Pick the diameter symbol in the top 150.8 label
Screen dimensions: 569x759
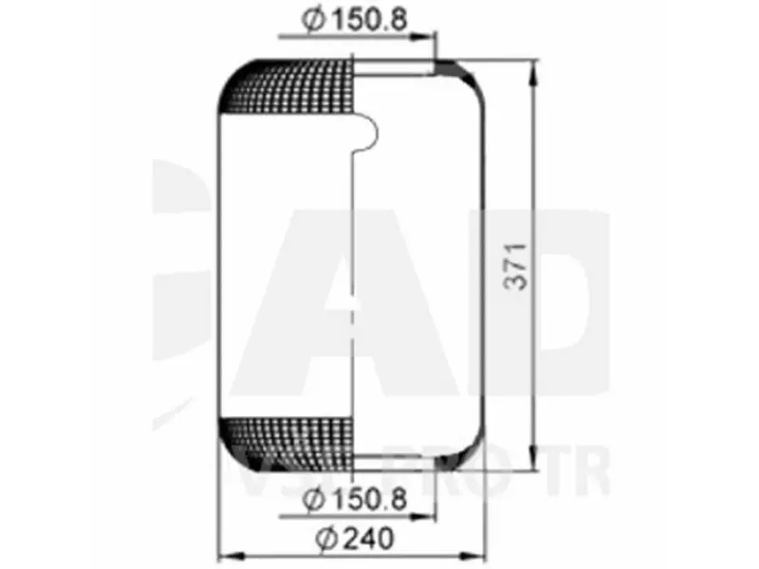pyautogui.click(x=312, y=20)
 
